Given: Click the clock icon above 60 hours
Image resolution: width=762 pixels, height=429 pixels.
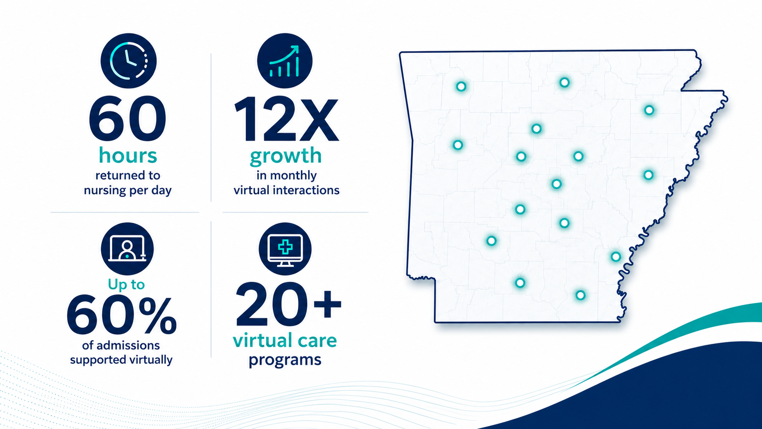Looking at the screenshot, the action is pyautogui.click(x=129, y=61).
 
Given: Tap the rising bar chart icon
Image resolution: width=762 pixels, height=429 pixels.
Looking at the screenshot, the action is pyautogui.click(x=285, y=61).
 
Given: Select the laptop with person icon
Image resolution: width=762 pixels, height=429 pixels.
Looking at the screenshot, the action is pyautogui.click(x=127, y=248).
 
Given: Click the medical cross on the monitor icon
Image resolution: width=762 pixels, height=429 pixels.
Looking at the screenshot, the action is pyautogui.click(x=285, y=247).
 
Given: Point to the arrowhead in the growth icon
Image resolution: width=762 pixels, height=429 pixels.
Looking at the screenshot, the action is pyautogui.click(x=294, y=50).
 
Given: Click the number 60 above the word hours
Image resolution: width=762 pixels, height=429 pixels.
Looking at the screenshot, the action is pyautogui.click(x=128, y=119).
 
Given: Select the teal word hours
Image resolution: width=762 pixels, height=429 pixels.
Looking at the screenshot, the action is pyautogui.click(x=128, y=156).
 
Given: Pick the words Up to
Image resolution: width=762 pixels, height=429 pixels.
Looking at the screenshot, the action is pyautogui.click(x=126, y=284).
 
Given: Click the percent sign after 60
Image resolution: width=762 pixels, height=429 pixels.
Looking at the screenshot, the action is pyautogui.click(x=158, y=316).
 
